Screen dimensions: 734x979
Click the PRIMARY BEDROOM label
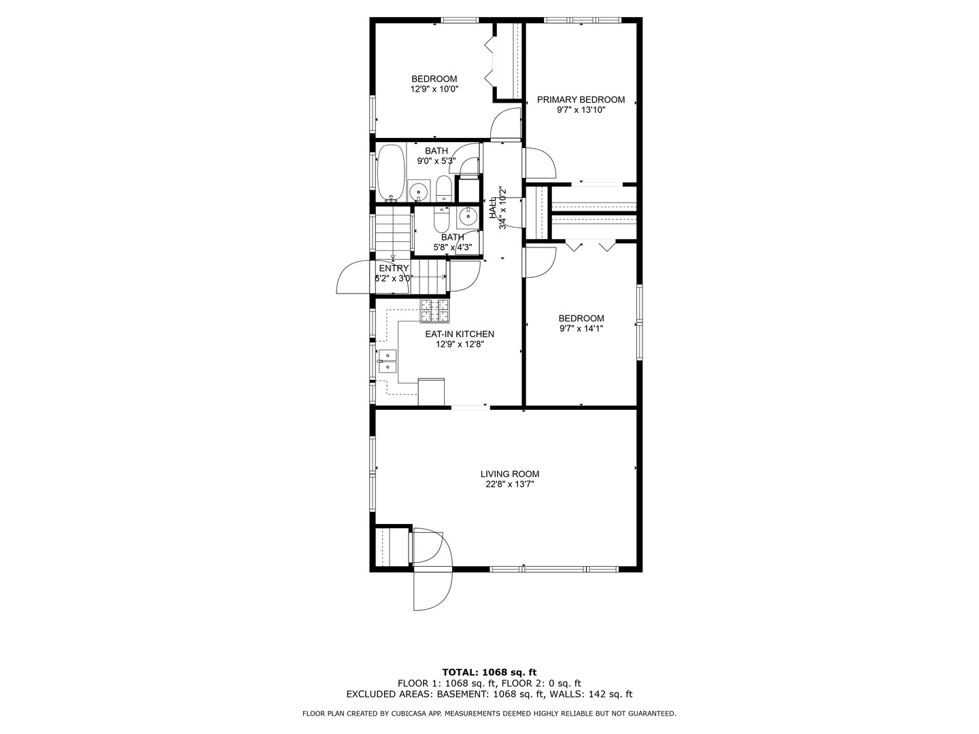click(x=581, y=99)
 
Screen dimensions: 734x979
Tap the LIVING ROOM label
click(x=509, y=474)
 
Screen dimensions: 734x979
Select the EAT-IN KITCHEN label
click(x=460, y=334)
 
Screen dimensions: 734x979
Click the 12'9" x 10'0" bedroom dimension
click(x=434, y=89)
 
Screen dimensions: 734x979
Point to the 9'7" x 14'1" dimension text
click(x=581, y=328)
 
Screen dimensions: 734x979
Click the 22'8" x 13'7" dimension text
click(x=509, y=485)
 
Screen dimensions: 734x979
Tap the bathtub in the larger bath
click(x=391, y=173)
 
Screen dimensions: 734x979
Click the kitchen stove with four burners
click(x=435, y=311)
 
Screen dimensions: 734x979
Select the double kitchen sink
click(x=388, y=361)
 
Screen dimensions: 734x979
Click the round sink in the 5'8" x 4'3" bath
click(x=468, y=217)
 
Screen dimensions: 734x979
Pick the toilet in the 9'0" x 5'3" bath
click(x=443, y=189)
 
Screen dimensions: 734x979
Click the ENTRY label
click(x=394, y=268)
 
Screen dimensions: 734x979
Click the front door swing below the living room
click(x=432, y=588)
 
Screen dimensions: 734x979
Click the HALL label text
click(x=493, y=208)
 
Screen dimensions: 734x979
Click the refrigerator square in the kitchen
click(x=431, y=391)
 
